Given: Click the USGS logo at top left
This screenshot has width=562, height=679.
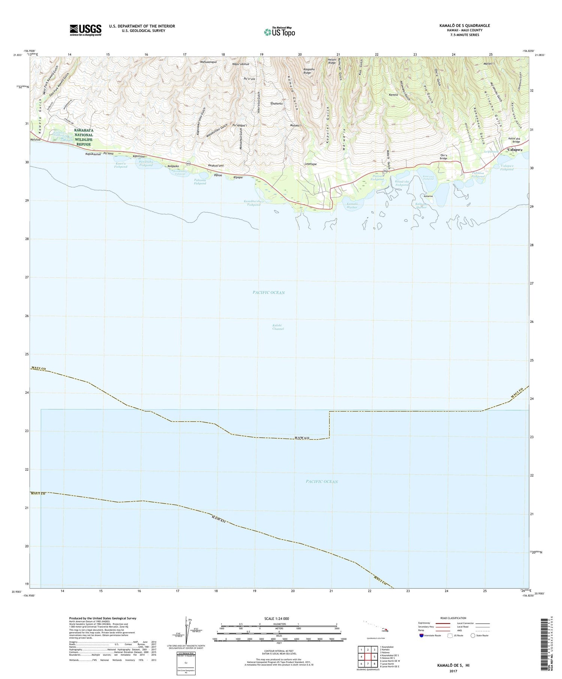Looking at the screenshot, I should pos(85,30).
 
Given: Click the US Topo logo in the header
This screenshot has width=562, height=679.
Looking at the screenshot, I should pos(280,32).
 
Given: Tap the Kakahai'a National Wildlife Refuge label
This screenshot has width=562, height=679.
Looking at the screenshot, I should pos(78,137).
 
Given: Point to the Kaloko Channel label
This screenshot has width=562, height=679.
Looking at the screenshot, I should pos(278,327).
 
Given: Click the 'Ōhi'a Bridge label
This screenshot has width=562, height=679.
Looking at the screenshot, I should pos(444,157).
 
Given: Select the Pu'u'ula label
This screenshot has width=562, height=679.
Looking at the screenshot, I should pos(249,79).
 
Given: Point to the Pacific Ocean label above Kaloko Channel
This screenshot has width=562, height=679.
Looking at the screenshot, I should pos(269,292).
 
